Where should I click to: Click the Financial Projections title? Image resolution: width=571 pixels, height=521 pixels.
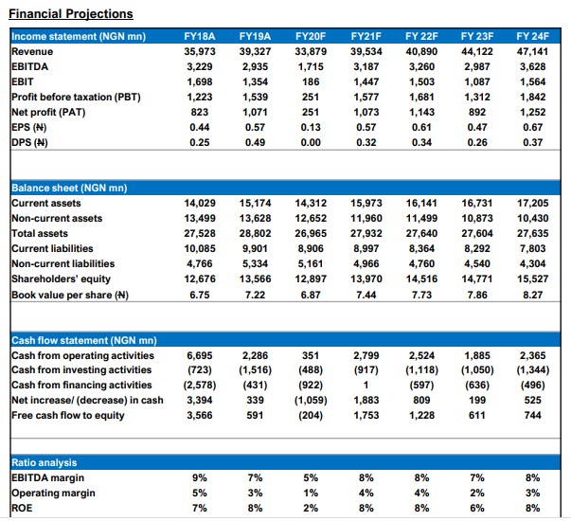(x=70, y=13)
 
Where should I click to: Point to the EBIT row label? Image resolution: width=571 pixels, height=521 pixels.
(x=23, y=81)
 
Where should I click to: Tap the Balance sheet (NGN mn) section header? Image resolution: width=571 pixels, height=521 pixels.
(x=70, y=188)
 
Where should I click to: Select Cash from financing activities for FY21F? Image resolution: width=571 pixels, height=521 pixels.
(x=365, y=385)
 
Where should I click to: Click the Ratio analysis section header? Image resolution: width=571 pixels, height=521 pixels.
(x=45, y=461)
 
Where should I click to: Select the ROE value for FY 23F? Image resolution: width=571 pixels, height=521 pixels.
(x=476, y=507)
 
